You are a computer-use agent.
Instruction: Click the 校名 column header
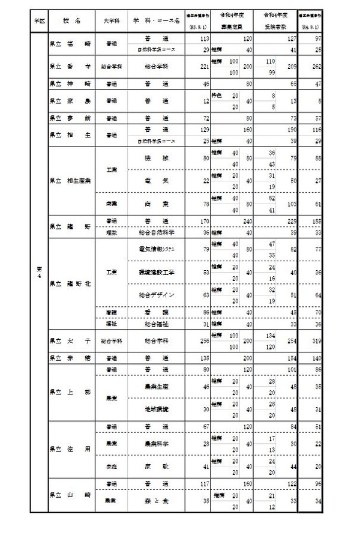[x=71, y=21]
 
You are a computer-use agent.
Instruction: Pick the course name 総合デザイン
[x=156, y=295]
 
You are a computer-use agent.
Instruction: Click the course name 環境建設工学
[x=156, y=271]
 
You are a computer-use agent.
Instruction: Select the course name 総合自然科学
[x=156, y=232]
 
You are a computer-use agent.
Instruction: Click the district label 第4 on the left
[x=38, y=272]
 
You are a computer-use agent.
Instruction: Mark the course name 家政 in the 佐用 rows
[x=156, y=466]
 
